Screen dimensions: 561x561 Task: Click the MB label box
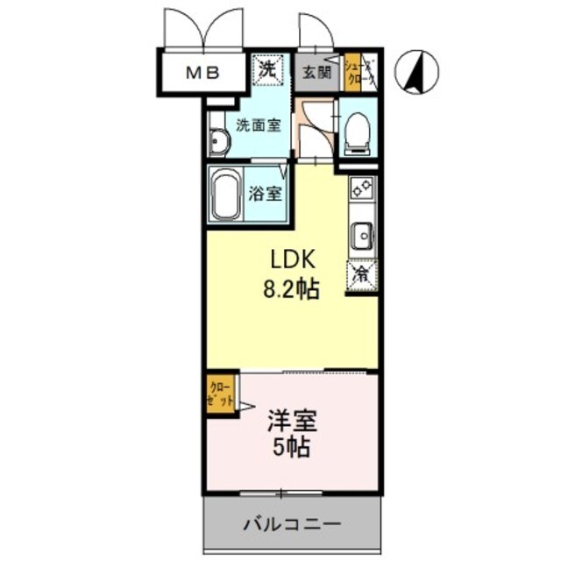tap(202, 72)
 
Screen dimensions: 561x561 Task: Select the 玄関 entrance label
tap(317, 73)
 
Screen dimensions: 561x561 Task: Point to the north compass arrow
tap(416, 73)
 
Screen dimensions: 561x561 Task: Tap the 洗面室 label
tap(259, 124)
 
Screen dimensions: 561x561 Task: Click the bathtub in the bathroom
tap(227, 195)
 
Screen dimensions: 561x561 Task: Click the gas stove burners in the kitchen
tap(361, 188)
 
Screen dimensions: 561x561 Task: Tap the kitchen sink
tap(361, 234)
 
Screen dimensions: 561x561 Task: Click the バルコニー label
tap(291, 525)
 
